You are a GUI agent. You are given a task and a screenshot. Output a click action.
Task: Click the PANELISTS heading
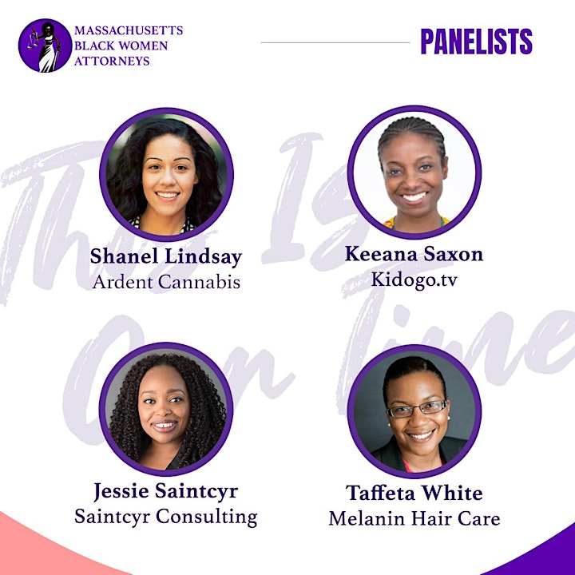pos(476,42)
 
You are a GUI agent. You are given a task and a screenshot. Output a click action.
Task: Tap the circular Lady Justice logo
pos(45,46)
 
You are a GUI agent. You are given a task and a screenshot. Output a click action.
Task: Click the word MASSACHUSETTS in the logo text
pos(129,30)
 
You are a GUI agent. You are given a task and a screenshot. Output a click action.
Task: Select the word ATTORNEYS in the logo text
pos(112,61)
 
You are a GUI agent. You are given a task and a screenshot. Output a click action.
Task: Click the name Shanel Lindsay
pos(166,256)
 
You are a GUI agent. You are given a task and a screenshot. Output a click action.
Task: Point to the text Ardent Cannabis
pos(166,283)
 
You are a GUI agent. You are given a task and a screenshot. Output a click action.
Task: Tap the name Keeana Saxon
pos(414,254)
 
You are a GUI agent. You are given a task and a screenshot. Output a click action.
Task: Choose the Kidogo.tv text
pos(414,280)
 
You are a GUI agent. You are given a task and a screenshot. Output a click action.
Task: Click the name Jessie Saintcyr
pos(166,491)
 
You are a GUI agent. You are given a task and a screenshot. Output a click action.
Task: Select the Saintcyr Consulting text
pos(166,517)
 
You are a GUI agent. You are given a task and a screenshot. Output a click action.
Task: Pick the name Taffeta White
pos(414,493)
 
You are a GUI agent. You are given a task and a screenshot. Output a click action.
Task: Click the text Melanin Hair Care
pos(414,518)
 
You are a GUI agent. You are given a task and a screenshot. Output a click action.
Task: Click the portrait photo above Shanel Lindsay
pos(166,175)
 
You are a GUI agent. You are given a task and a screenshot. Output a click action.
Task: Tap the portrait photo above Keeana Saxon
pos(414,172)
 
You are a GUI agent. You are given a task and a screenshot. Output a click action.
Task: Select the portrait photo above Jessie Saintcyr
pos(166,409)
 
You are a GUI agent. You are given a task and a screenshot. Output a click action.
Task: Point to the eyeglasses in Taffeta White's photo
pos(418,409)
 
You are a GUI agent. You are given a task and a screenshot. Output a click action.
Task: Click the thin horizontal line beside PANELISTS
pos(335,42)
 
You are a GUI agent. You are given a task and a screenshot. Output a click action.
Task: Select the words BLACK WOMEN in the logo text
pos(121,46)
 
